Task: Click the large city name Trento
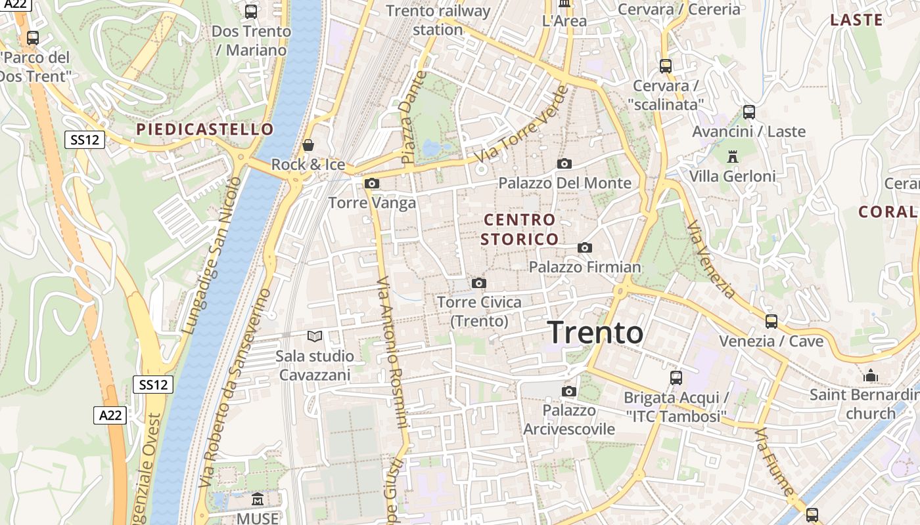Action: click(595, 333)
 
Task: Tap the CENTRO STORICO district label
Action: click(519, 229)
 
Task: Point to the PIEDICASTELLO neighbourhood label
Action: click(204, 129)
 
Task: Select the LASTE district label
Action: click(856, 20)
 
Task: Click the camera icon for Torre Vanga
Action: click(372, 183)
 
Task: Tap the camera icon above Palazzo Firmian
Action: click(584, 247)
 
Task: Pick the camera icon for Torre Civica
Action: click(479, 283)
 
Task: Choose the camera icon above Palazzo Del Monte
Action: click(564, 163)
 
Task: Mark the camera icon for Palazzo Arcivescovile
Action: click(569, 392)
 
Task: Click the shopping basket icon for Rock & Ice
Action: click(308, 145)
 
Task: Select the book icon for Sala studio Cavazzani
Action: click(315, 337)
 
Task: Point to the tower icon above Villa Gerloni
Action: click(733, 156)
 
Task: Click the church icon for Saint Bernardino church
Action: click(871, 375)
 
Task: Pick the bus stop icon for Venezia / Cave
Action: click(771, 322)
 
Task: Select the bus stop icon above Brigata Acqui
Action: click(676, 378)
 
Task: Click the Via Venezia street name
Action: click(710, 260)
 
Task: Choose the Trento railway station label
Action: click(438, 20)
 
